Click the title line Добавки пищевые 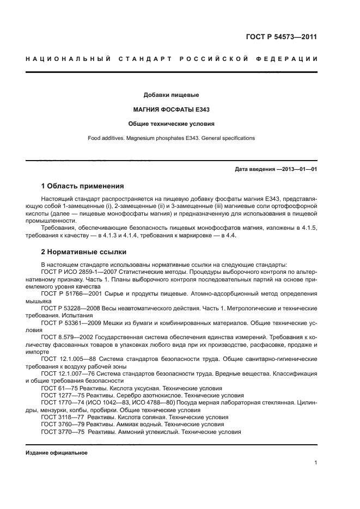(171, 95)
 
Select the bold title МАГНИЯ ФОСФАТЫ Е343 (171, 109)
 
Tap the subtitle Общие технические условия (171, 124)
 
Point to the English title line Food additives (171, 138)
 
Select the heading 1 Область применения (82, 186)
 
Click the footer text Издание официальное (57, 453)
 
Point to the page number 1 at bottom (315, 463)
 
